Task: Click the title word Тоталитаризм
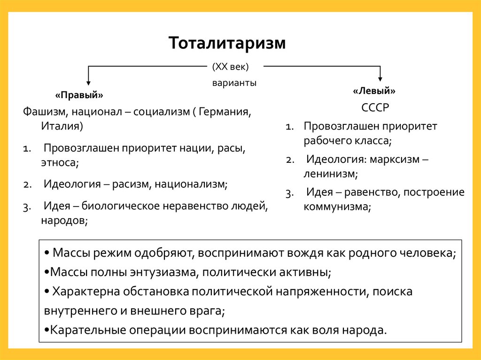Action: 227,43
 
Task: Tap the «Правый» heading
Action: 79,95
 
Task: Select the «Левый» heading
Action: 374,90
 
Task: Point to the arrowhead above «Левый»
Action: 380,78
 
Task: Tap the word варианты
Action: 233,83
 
